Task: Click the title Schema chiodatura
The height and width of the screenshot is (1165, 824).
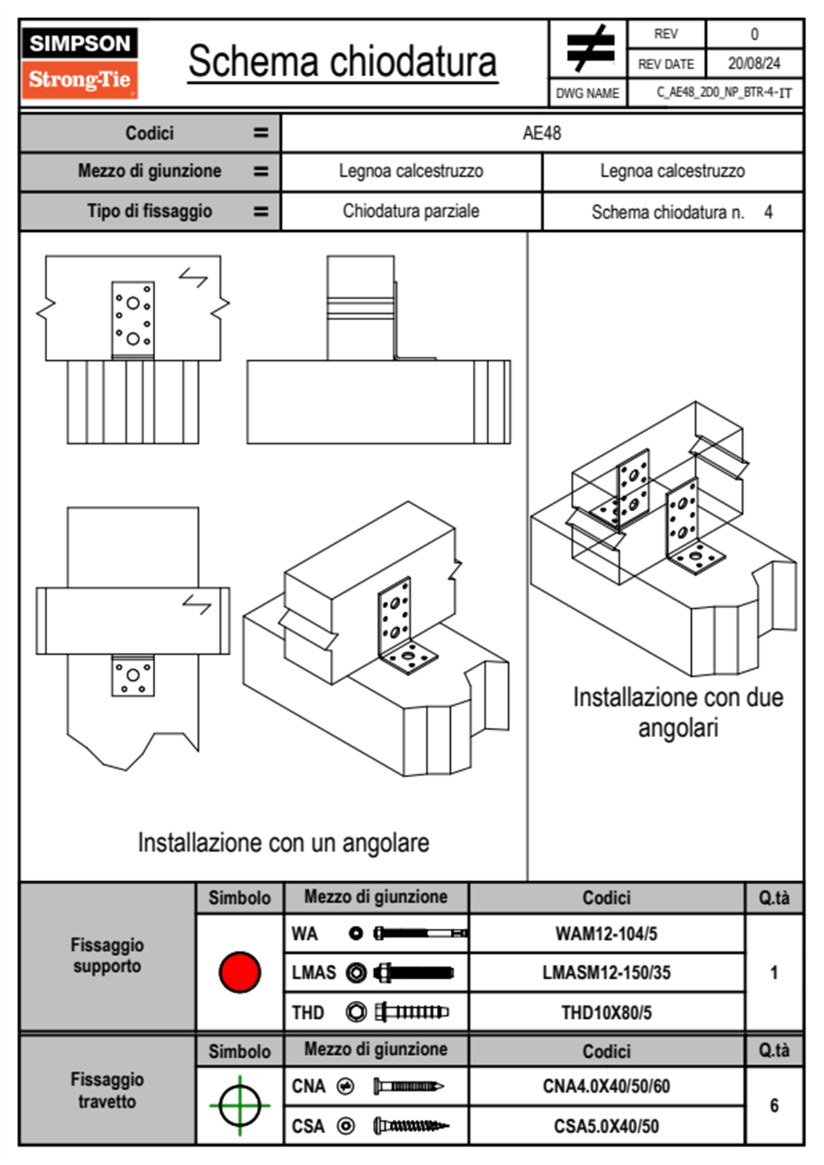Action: coord(342,62)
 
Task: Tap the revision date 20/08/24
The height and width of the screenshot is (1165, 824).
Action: coord(753,64)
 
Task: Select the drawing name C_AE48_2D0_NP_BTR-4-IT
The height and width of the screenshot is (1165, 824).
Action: coord(724,93)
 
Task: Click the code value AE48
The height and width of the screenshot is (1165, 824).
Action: coord(541,133)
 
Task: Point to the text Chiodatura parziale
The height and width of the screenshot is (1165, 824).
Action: coord(411,211)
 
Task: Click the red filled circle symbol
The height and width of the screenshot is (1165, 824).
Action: coord(240,972)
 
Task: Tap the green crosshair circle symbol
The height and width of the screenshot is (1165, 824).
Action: coord(240,1105)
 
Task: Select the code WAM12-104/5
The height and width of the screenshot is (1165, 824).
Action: coord(606,934)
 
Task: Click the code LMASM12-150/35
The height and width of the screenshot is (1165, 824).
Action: coord(606,972)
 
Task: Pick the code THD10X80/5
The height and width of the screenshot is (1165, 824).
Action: coord(606,1013)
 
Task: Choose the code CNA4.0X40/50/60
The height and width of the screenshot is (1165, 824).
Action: coord(606,1086)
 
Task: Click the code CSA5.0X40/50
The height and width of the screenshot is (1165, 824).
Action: coord(606,1126)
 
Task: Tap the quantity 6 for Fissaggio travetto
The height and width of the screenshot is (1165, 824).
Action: coord(774,1105)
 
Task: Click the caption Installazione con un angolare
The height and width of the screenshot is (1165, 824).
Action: coord(283,843)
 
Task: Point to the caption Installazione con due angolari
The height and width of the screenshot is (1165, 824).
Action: coord(678,712)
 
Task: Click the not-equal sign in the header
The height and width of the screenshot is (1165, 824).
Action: coord(590,48)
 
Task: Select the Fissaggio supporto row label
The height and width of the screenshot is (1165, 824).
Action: coord(107,955)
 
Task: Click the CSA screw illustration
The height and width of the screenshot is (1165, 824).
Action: coord(411,1126)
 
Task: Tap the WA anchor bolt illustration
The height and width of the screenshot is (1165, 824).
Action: coord(420,934)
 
